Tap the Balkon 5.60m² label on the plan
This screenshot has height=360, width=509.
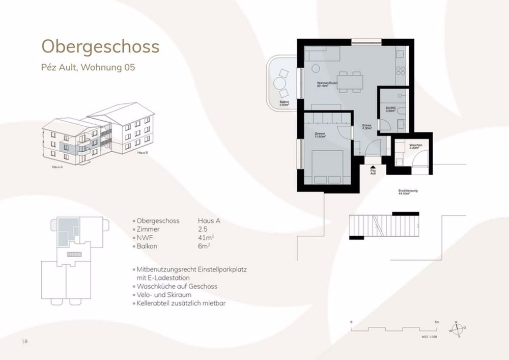(285, 103)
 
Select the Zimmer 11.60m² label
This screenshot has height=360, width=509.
(320, 136)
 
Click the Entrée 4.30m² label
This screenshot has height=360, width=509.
(367, 127)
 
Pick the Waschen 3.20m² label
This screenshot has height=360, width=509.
(416, 146)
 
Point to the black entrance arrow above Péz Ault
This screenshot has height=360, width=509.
(373, 167)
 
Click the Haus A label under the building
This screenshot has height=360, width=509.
(58, 167)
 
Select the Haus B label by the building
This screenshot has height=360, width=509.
(143, 152)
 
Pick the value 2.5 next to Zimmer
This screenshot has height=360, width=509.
(203, 229)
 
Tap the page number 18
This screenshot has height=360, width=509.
(24, 341)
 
